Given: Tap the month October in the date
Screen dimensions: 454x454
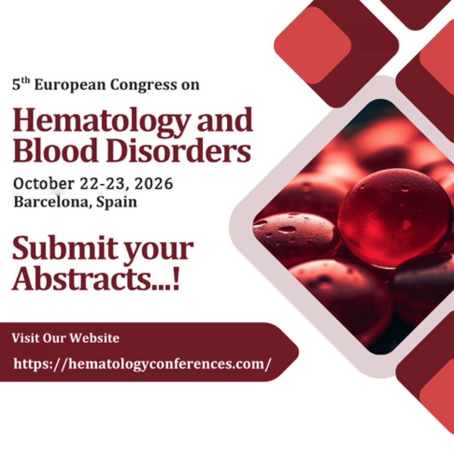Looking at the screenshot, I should [43, 184].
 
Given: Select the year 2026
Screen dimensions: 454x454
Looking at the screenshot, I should [153, 184].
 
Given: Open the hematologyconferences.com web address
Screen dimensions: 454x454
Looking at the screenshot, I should [141, 364].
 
